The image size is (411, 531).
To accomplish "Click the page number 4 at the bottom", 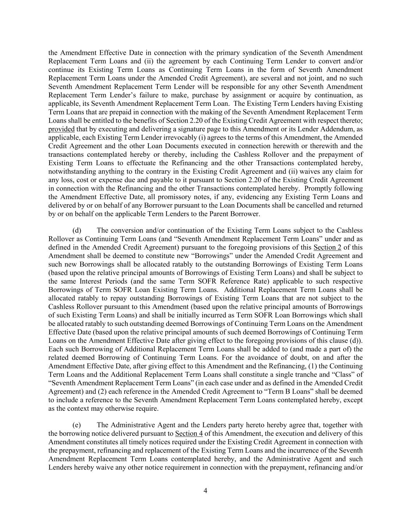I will click(x=205, y=491).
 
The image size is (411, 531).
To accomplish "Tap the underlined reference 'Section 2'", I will click(x=327, y=247).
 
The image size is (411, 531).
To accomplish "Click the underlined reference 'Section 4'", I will click(x=189, y=433).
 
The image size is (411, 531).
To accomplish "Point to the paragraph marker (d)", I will click(x=77, y=231).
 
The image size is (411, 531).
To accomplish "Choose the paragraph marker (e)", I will click(x=77, y=425).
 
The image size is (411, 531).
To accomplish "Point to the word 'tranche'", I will click(x=308, y=375).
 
